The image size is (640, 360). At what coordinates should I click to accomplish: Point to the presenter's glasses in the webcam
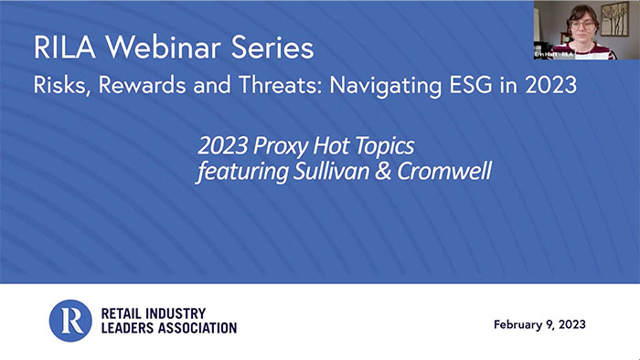point(582,20)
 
